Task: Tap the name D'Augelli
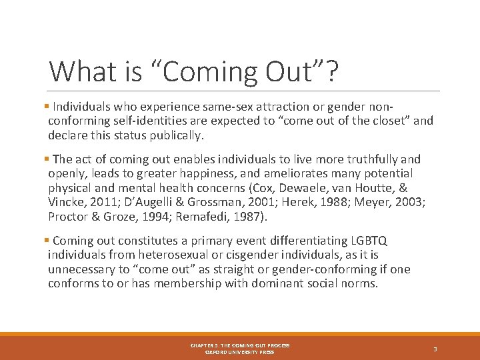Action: [x=147, y=202]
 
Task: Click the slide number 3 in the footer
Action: [x=435, y=349]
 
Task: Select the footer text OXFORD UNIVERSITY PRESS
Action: [x=239, y=352]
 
